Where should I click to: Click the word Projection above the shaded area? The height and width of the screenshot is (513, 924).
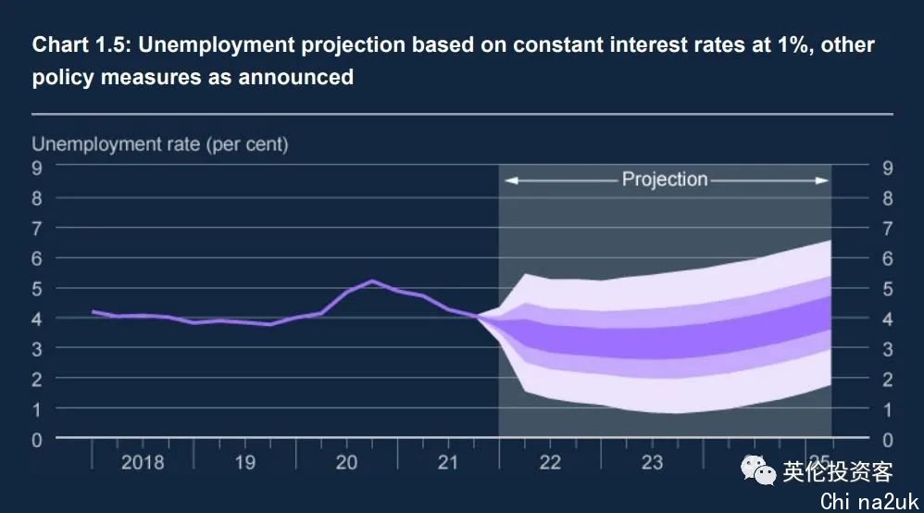tap(665, 180)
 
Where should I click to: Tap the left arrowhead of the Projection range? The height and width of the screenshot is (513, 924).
tap(509, 181)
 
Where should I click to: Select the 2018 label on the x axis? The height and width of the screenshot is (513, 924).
tap(143, 462)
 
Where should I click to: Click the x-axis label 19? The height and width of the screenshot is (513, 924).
tap(244, 462)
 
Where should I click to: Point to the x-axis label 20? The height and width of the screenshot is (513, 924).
tap(346, 462)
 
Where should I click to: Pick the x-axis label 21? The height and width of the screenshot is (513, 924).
tap(448, 462)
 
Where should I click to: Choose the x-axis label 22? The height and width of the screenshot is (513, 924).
tap(550, 462)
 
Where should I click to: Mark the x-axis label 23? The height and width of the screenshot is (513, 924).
tap(652, 462)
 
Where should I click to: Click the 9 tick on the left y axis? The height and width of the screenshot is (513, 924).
tap(37, 168)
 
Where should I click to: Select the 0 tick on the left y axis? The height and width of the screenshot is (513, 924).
tap(37, 440)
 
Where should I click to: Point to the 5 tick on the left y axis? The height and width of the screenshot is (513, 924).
tap(37, 289)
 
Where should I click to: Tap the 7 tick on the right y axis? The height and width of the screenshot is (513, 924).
tap(887, 228)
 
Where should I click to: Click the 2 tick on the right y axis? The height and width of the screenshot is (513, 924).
tap(887, 379)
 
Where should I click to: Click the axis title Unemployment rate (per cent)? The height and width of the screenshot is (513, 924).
tap(160, 144)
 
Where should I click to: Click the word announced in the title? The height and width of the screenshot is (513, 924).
tap(296, 77)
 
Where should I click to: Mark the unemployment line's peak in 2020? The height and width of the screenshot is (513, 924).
tap(372, 281)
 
